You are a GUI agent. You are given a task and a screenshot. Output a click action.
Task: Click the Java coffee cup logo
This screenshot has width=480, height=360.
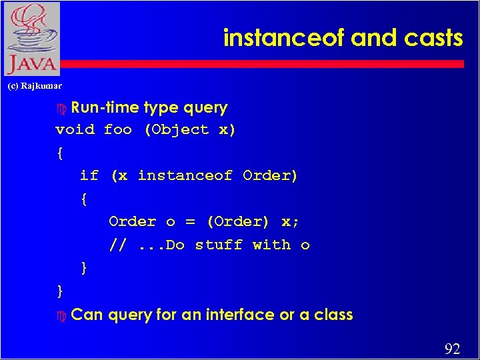coord(31,38)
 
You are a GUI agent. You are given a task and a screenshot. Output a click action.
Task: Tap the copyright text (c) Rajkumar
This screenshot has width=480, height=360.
coord(34,85)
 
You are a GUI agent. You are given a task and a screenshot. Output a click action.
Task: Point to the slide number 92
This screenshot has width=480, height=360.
coord(452,349)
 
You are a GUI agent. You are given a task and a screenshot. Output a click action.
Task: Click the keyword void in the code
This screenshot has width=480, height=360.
coord(75,129)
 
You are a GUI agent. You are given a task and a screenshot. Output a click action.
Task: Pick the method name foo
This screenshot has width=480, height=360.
coord(118,129)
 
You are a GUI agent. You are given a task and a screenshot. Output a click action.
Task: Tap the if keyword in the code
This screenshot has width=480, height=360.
coord(89,175)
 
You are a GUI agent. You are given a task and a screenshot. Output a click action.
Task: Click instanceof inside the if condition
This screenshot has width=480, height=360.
coord(185,175)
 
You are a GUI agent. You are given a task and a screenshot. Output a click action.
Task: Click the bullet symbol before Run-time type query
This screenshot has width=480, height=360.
coord(62,108)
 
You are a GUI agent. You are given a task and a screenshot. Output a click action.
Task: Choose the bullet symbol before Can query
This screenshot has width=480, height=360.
coord(62,315)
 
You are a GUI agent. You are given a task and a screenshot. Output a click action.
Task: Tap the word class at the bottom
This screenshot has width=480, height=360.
coord(333,315)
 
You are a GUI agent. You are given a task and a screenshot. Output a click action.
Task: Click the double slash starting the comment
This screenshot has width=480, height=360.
coord(117,245)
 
